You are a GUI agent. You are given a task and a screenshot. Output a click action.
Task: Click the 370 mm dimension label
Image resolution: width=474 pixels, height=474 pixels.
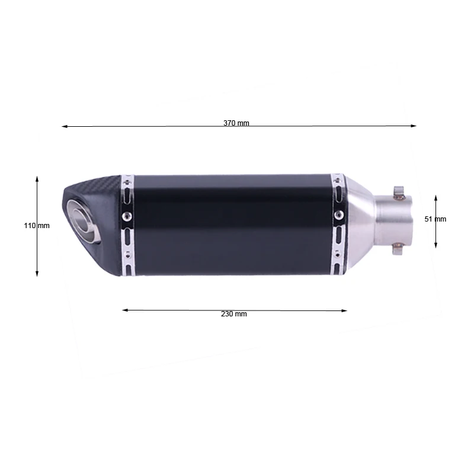236,123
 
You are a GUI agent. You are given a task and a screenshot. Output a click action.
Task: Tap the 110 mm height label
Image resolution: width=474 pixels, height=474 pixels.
37,226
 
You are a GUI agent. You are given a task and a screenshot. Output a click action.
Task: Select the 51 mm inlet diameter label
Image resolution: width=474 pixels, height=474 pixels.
435,219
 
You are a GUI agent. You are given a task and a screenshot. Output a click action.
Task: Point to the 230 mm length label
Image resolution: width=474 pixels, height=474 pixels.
233,314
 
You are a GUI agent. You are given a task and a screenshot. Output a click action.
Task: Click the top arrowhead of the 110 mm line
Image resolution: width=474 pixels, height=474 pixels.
37,178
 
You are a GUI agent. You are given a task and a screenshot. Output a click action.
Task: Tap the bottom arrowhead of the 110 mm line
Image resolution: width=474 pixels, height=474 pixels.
37,274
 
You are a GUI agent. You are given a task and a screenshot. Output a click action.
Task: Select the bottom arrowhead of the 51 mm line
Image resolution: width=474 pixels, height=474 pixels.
435,245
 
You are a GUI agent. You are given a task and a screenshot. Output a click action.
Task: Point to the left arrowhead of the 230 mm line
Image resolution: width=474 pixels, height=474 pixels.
124,309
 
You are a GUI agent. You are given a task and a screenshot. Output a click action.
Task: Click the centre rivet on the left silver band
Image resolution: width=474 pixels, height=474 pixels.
126,217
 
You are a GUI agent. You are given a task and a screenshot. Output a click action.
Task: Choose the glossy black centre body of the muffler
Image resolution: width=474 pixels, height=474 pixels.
231,224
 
